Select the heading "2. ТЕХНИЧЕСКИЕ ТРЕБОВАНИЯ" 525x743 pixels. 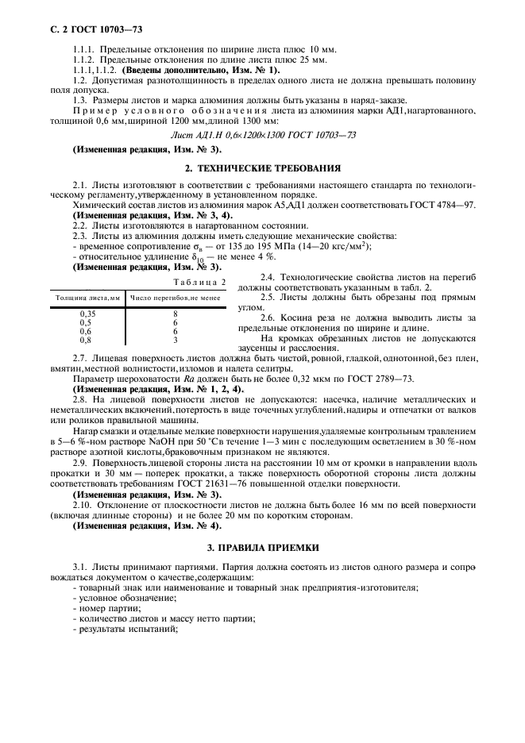tap(262, 168)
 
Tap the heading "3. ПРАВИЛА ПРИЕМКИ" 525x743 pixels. tap(262, 548)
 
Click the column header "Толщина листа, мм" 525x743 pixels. tap(87, 297)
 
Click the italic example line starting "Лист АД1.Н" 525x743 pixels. tap(263, 135)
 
